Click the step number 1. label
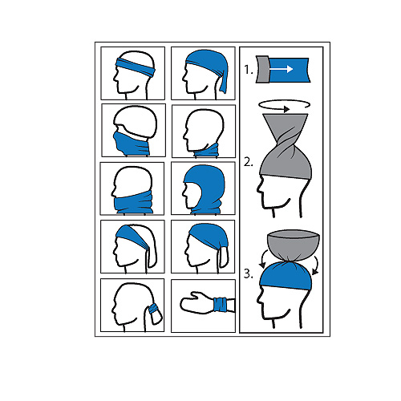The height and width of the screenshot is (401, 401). click(249, 70)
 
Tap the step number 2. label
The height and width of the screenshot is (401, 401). click(249, 162)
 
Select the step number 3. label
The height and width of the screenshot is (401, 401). click(249, 274)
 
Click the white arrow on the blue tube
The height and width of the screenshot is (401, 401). click(281, 69)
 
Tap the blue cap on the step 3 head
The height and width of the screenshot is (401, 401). click(286, 276)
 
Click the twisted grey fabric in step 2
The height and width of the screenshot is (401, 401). click(286, 150)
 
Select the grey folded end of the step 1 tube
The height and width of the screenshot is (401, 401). click(262, 69)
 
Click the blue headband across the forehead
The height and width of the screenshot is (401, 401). click(136, 67)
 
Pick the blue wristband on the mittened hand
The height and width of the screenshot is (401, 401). click(221, 305)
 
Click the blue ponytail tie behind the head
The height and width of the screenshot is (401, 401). click(153, 309)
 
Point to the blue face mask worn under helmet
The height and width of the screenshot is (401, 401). click(131, 144)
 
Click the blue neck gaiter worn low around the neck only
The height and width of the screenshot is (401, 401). click(206, 150)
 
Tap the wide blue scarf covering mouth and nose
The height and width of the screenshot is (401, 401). click(133, 202)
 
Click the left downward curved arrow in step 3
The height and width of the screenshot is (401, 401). click(263, 259)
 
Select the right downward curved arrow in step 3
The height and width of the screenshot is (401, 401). click(316, 265)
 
